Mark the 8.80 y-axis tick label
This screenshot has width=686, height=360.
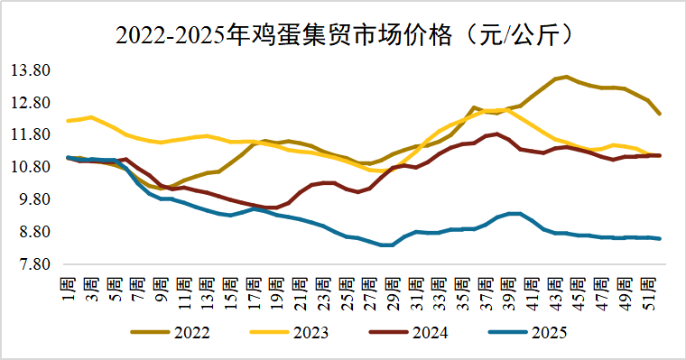pyautogui.click(x=32, y=232)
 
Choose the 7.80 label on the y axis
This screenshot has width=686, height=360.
pyautogui.click(x=32, y=264)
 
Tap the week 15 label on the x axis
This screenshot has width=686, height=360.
pyautogui.click(x=231, y=282)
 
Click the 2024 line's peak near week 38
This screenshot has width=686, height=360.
pyautogui.click(x=497, y=134)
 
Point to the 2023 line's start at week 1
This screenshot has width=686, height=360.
pyautogui.click(x=69, y=120)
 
